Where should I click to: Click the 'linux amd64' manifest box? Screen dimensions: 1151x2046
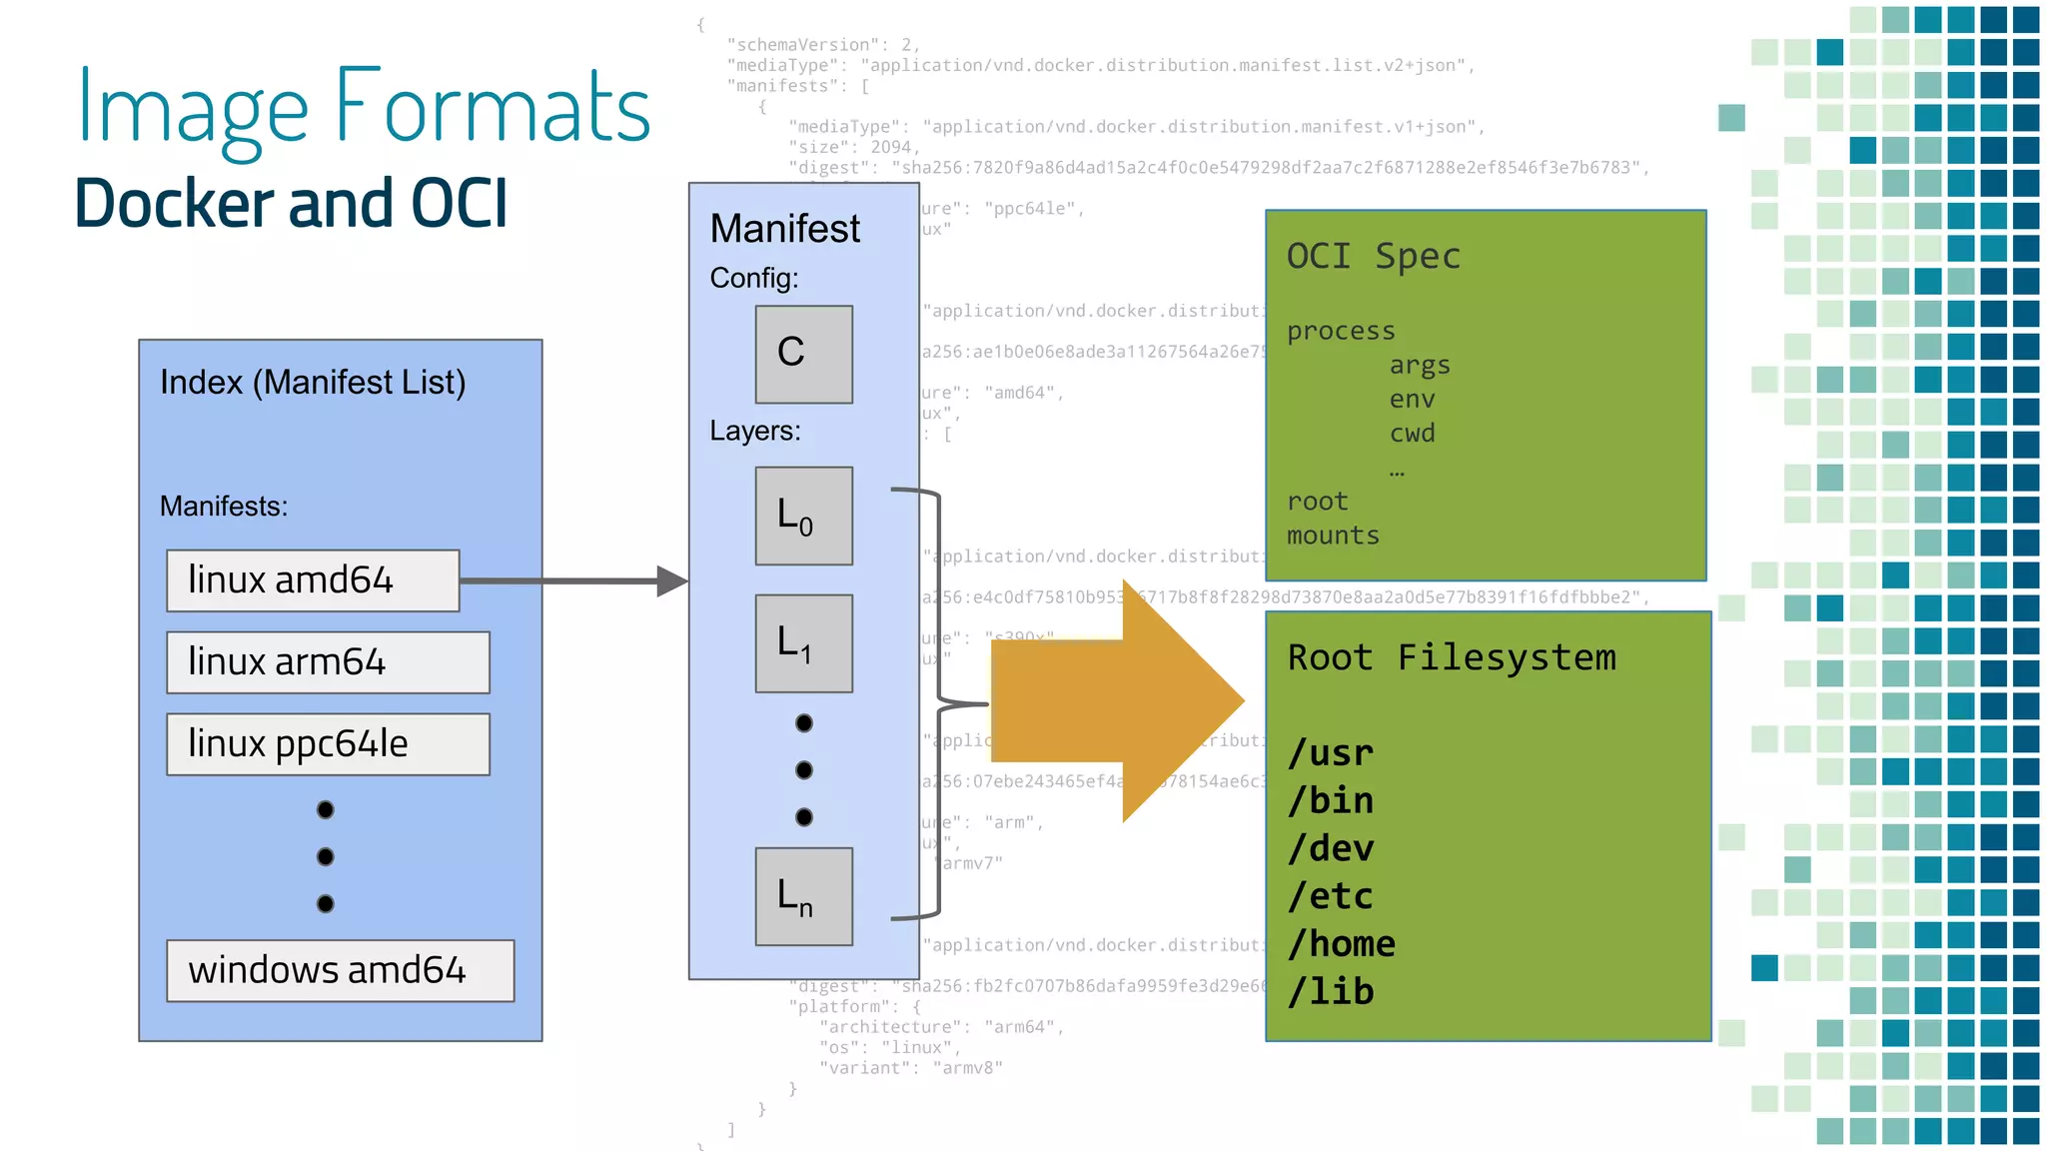[x=313, y=580]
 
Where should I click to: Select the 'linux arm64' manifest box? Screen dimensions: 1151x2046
[x=328, y=662]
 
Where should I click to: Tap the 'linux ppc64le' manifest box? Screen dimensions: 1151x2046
[x=328, y=744]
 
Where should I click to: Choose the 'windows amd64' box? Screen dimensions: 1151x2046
[x=340, y=970]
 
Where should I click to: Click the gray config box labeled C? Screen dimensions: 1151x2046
[x=803, y=354]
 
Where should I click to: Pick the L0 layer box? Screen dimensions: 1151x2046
[x=803, y=516]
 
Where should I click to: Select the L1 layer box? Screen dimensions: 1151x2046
[x=803, y=643]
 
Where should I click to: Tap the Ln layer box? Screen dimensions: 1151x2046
[x=803, y=896]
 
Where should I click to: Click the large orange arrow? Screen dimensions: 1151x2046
[x=1109, y=702]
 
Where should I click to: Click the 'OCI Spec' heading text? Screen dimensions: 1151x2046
[x=1373, y=257]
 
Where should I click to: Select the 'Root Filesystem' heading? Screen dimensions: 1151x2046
[x=1451, y=657]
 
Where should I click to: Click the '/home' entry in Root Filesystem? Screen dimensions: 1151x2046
[x=1341, y=944]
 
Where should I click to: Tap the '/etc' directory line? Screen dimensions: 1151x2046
[x=1330, y=896]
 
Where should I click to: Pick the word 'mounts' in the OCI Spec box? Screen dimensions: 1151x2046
[x=1332, y=536]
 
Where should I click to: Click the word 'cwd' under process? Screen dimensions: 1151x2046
[x=1412, y=434]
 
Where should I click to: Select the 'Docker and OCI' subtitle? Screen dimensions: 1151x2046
[x=292, y=204]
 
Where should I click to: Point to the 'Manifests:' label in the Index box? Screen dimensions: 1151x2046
[x=224, y=507]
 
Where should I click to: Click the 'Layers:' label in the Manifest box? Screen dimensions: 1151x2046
[x=755, y=431]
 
